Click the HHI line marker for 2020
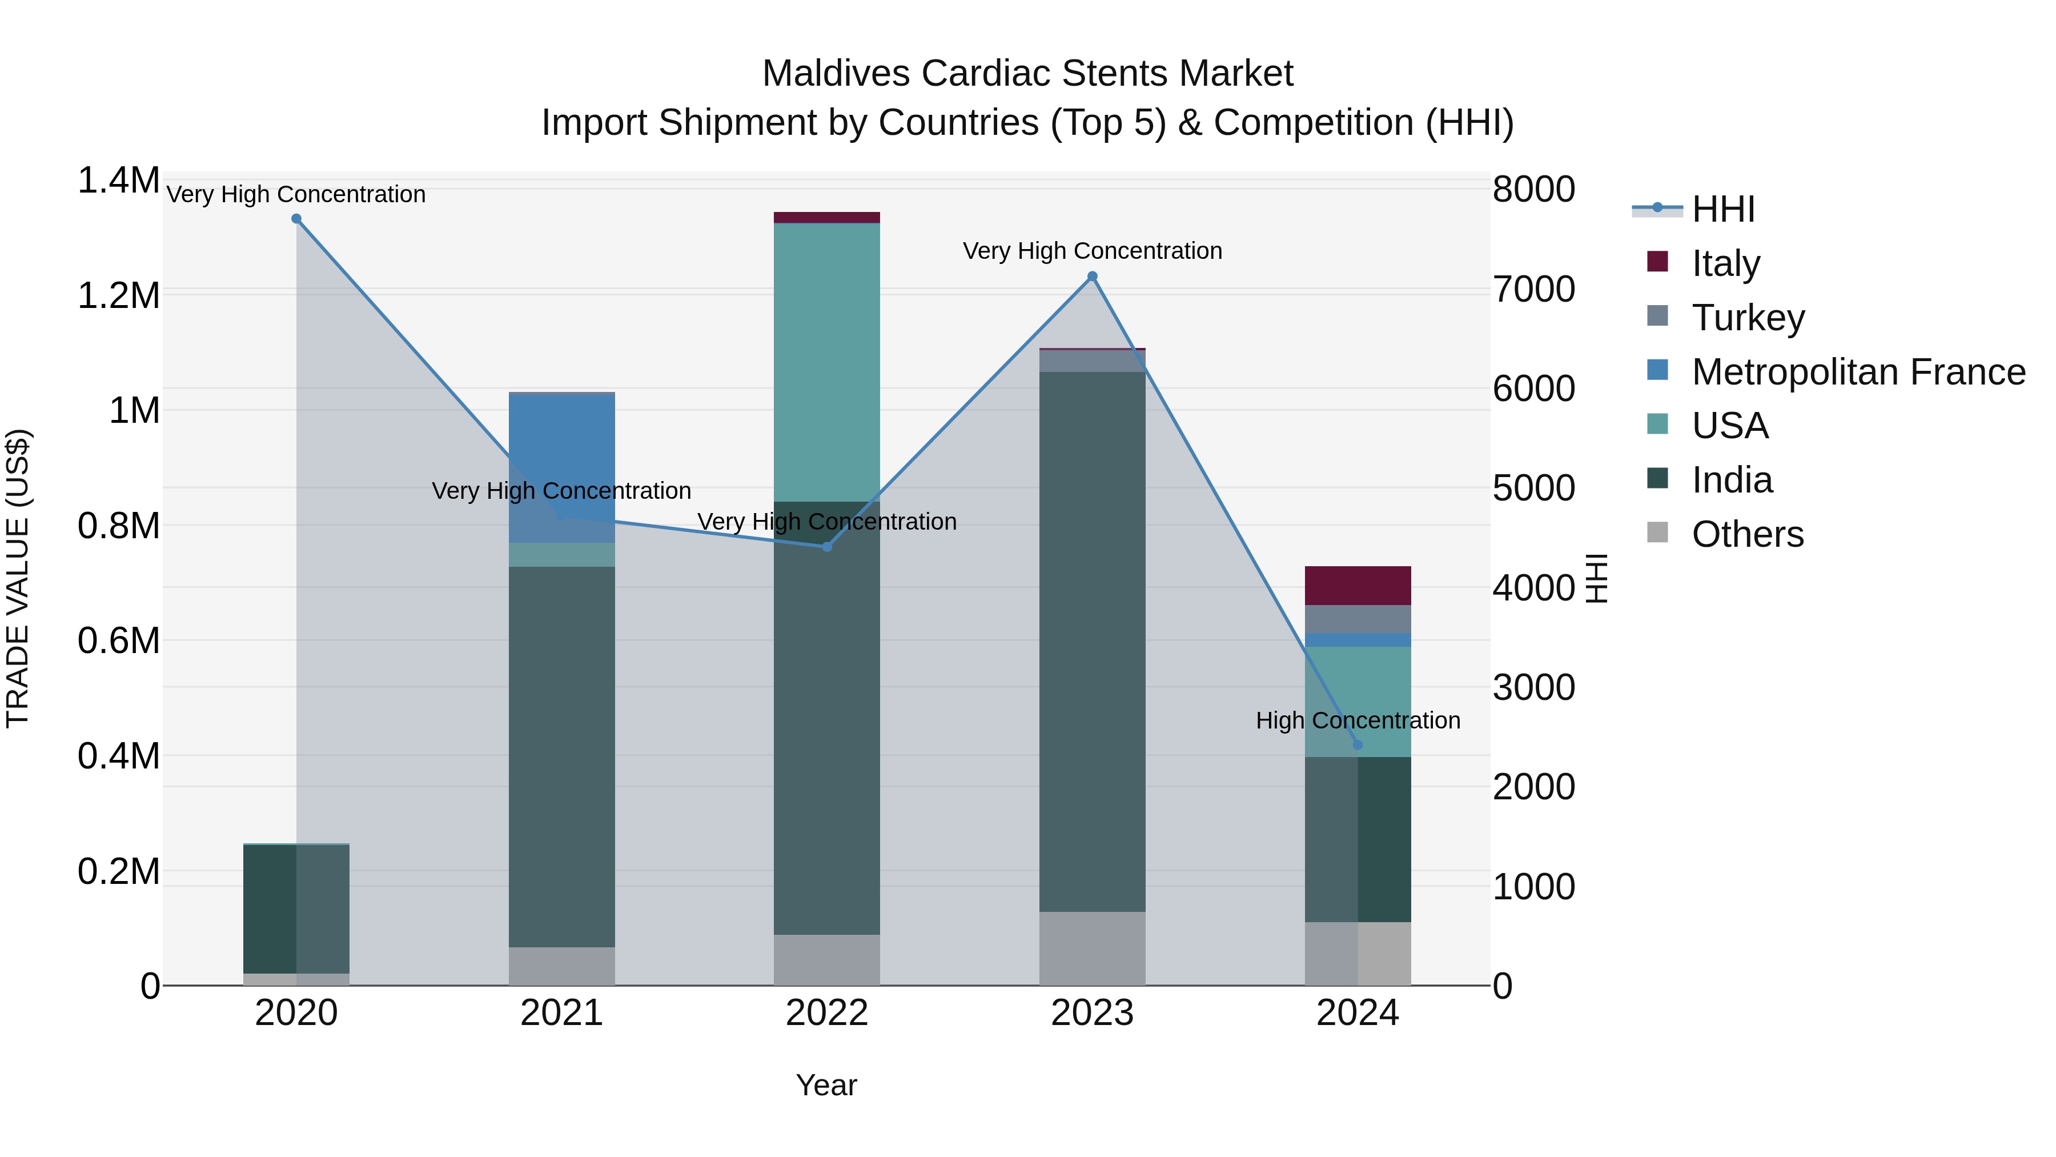tap(296, 219)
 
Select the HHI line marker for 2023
tap(1092, 277)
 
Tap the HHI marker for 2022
tap(827, 547)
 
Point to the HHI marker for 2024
tap(1358, 745)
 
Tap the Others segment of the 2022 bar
tap(827, 960)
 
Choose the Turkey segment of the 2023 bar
tap(1092, 361)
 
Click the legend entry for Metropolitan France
tap(1858, 372)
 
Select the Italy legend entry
tap(1725, 263)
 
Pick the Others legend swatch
tap(1658, 533)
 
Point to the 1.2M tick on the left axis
tap(118, 295)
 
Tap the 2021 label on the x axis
tap(562, 1013)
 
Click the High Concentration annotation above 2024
tap(1358, 720)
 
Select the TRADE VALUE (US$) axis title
tap(18, 578)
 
